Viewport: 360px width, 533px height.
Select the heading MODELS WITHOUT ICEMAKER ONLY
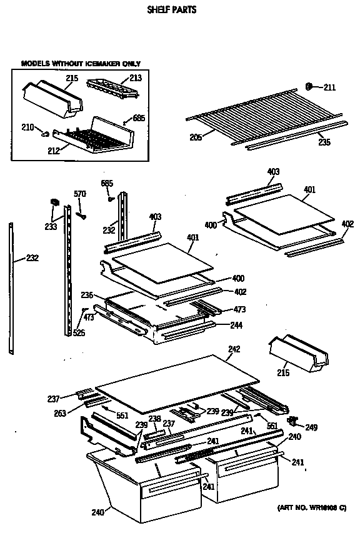pyautogui.click(x=81, y=64)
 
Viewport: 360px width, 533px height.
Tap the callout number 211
pyautogui.click(x=329, y=86)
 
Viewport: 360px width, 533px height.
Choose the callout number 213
pyautogui.click(x=136, y=79)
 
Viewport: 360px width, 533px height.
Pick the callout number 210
pyautogui.click(x=27, y=128)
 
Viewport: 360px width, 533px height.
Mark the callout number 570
pyautogui.click(x=79, y=194)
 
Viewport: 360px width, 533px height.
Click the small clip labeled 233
pyautogui.click(x=53, y=202)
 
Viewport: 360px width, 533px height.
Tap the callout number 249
pyautogui.click(x=311, y=427)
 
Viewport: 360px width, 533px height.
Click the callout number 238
pyautogui.click(x=154, y=418)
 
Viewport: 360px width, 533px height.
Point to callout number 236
pyautogui.click(x=86, y=296)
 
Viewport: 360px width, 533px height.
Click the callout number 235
pyautogui.click(x=324, y=142)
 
